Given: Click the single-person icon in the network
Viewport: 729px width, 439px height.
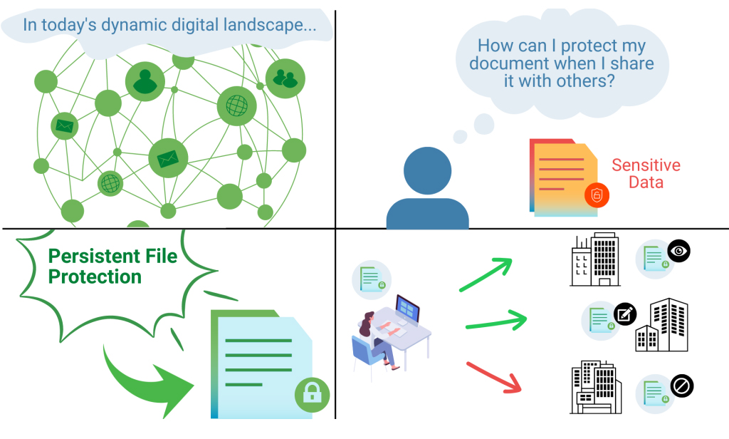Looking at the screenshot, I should [145, 81].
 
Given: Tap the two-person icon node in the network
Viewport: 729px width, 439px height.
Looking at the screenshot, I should [285, 78].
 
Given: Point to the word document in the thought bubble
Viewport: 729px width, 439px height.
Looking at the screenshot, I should [511, 64].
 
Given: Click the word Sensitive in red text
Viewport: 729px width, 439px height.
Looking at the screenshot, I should [646, 165].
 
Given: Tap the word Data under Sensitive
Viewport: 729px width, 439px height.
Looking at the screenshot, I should [646, 182].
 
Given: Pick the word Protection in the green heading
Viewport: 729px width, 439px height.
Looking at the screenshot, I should [95, 277].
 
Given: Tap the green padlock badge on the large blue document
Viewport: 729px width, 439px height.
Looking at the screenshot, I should [313, 394].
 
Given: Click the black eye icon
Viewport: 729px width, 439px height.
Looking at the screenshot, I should [679, 251].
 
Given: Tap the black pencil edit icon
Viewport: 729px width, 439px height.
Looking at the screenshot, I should [625, 314].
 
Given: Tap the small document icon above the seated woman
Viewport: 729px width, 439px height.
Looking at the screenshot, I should [371, 277].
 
